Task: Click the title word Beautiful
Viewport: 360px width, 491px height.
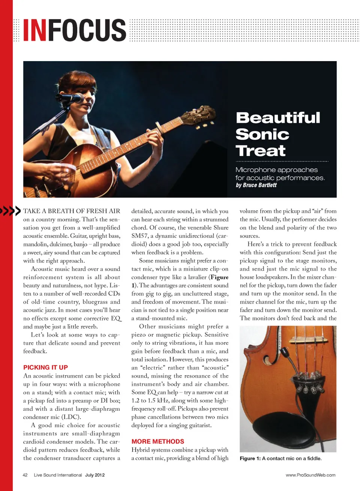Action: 278,118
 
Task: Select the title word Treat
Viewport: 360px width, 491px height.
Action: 261,151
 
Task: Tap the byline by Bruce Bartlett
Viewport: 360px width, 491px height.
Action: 256,185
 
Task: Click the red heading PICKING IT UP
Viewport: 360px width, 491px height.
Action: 45,367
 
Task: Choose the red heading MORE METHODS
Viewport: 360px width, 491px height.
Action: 157,442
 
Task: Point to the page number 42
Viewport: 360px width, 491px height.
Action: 25,475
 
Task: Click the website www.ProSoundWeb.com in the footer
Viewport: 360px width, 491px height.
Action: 310,475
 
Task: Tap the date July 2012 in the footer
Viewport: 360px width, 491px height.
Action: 95,475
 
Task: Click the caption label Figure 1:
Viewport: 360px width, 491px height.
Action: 250,458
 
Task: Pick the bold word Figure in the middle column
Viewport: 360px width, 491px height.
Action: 219,277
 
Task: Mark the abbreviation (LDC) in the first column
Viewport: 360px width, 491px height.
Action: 70,417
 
